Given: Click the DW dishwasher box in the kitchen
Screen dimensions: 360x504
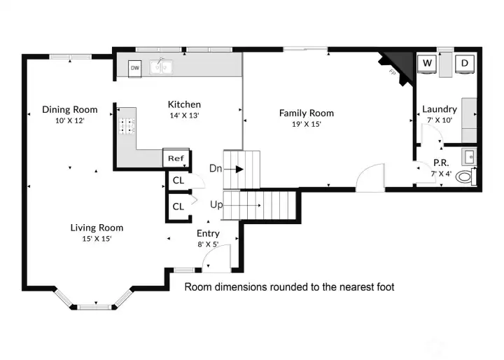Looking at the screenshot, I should (136, 68).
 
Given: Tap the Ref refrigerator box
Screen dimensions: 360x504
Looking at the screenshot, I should (175, 158).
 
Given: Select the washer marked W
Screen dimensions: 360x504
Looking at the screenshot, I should (426, 64).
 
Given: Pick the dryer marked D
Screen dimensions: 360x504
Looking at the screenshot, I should (464, 64).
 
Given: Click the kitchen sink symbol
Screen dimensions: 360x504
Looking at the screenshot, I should (162, 67).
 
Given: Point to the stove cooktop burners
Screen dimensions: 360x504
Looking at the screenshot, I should (127, 126).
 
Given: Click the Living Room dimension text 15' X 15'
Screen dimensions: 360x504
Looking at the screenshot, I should (97, 238).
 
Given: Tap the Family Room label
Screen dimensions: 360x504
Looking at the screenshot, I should (306, 113).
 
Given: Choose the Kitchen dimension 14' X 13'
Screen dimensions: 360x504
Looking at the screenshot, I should (184, 116).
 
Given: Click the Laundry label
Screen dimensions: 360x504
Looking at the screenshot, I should (439, 109).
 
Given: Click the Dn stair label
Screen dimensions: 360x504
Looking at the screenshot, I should (216, 168).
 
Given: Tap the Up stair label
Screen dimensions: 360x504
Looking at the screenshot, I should (217, 205).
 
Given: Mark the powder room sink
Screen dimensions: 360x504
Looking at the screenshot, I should (470, 155).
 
